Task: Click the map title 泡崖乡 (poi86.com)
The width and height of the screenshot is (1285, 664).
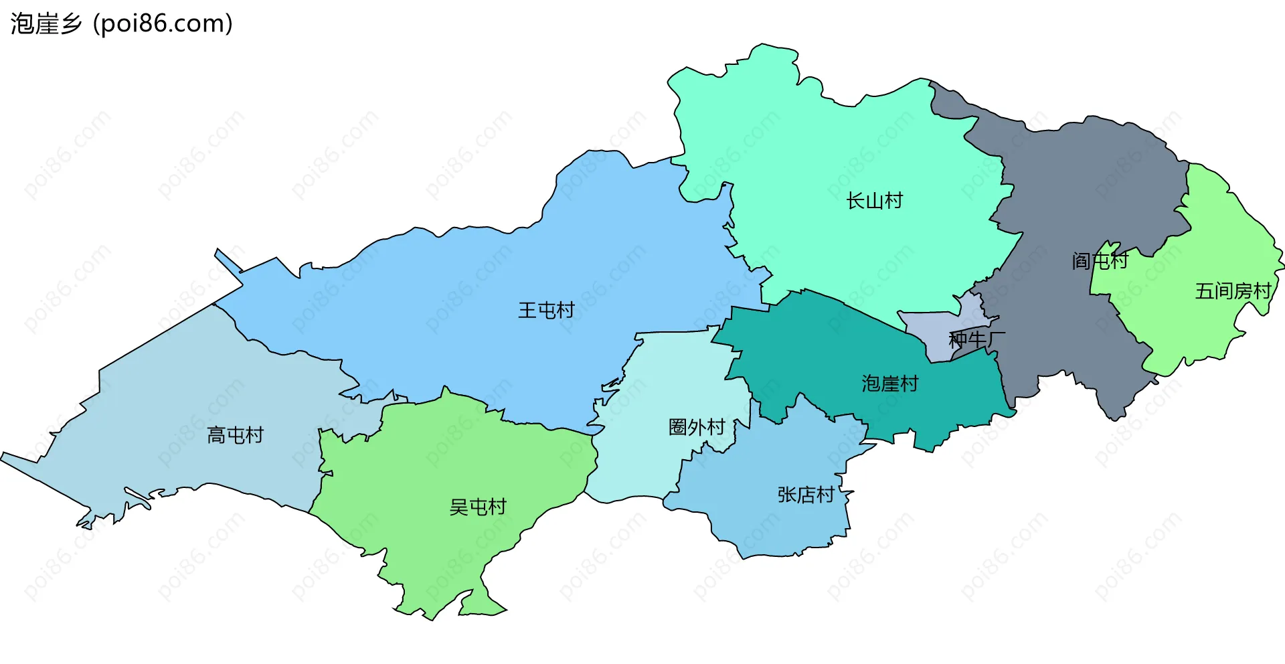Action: (x=121, y=24)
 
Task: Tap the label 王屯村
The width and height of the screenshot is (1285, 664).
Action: (x=546, y=310)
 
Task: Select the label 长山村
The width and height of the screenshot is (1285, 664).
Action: (x=874, y=200)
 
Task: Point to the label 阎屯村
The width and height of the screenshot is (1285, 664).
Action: (x=1100, y=260)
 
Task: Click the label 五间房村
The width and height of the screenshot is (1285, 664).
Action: (x=1233, y=291)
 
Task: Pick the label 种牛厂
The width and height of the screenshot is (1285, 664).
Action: (x=976, y=339)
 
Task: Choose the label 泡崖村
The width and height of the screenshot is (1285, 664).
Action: (x=889, y=384)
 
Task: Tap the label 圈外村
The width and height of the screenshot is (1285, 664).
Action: (x=697, y=427)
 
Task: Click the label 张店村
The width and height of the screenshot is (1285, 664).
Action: (x=805, y=495)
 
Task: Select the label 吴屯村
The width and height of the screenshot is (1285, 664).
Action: (x=478, y=507)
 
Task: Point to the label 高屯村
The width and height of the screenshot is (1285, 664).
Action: (x=235, y=435)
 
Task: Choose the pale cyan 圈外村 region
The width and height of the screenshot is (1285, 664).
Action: (x=656, y=469)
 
